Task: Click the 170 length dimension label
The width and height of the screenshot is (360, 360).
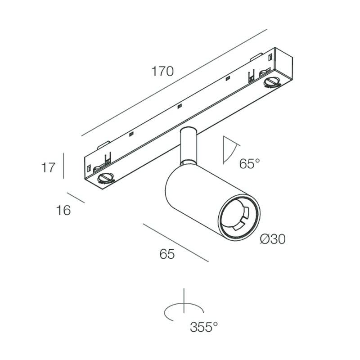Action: coord(162,71)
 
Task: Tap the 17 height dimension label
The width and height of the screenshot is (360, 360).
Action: coord(48,167)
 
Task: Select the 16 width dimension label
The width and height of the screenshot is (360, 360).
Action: coord(63,210)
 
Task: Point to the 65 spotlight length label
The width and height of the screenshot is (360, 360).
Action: coord(167,254)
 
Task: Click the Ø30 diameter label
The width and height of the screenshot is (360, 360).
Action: coord(273,239)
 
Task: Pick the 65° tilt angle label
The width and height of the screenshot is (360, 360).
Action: coord(249,163)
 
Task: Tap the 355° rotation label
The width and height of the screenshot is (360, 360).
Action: coord(204,327)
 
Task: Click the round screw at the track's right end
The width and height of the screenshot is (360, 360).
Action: coord(272,82)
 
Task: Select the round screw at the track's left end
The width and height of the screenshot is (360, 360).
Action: coord(106,178)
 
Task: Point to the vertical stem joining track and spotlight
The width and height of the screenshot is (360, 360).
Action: coord(188,146)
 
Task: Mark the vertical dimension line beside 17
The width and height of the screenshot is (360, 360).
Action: coord(63,166)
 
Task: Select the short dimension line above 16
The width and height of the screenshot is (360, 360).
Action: coord(76,198)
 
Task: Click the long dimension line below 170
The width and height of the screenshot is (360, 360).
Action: coord(174,82)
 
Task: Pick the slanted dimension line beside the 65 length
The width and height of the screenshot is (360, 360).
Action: coord(175,243)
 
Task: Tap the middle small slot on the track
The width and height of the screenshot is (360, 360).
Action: coord(180,106)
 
